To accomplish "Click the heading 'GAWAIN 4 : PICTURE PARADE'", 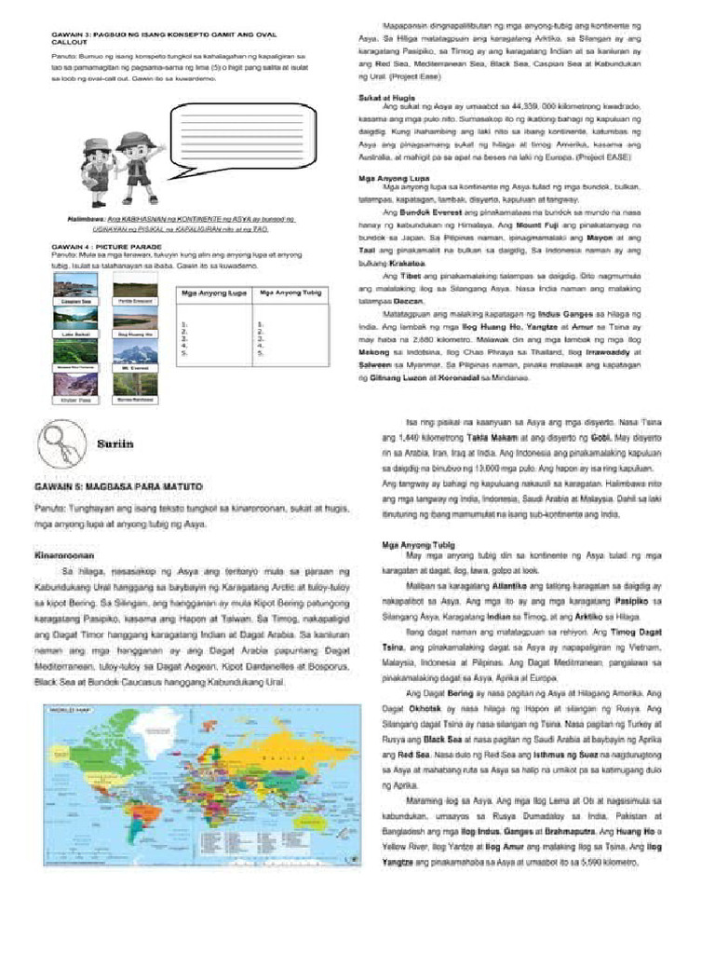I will tap(93, 245).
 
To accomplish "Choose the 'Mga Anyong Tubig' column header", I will tap(285, 293).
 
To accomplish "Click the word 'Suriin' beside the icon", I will tap(115, 444).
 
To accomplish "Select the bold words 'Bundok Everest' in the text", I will tap(420, 213).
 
